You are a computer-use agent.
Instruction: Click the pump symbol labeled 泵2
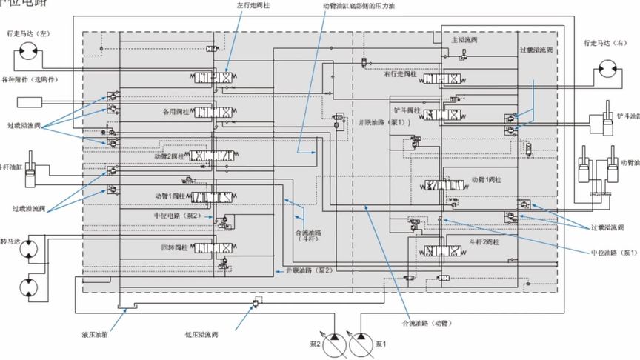[334, 343]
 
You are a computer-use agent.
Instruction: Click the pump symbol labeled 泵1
[360, 343]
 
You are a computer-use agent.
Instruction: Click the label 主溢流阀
[462, 39]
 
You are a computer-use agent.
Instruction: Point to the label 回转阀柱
[175, 246]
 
